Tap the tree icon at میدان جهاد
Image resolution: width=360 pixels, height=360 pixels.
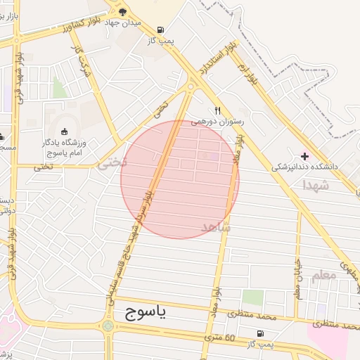pyautogui.click(x=124, y=11)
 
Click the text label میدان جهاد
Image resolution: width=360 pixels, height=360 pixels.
pyautogui.click(x=124, y=22)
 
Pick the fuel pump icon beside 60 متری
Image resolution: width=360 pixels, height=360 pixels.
pyautogui.click(x=262, y=333)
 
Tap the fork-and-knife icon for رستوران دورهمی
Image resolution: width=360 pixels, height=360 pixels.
pyautogui.click(x=217, y=110)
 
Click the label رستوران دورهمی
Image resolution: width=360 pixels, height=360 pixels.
pyautogui.click(x=219, y=122)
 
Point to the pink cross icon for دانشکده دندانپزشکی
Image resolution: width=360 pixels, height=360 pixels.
pyautogui.click(x=304, y=155)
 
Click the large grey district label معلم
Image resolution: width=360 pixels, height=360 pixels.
pyautogui.click(x=324, y=276)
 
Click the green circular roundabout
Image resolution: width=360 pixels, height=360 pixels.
pyautogui.click(x=107, y=326)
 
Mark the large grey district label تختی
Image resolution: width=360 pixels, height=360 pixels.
pyautogui.click(x=112, y=163)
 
